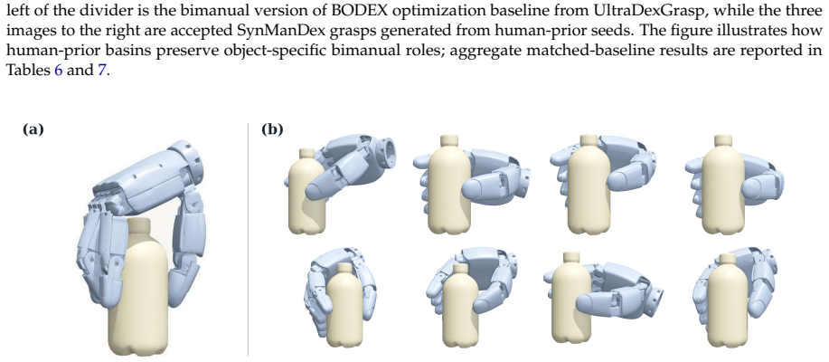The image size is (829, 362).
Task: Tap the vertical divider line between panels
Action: pos(249,238)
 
